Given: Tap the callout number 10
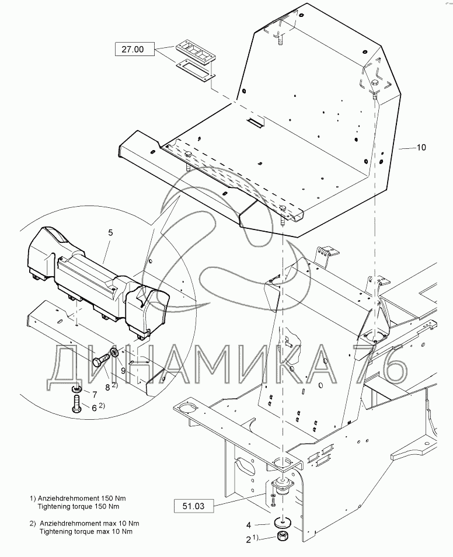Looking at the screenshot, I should pos(421,148).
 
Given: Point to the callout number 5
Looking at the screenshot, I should pos(110,232).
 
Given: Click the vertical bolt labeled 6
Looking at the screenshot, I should pos(77,404).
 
